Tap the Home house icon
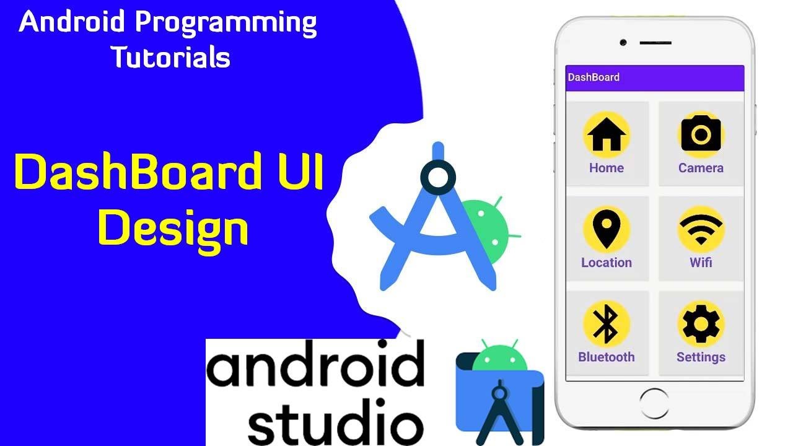[x=607, y=135]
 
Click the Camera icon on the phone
[x=701, y=134]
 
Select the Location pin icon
[x=607, y=229]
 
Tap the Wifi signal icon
[x=701, y=229]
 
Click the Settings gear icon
[x=701, y=324]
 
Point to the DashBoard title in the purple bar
[x=594, y=77]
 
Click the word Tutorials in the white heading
[x=170, y=58]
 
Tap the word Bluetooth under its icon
[x=607, y=357]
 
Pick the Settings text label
[x=701, y=357]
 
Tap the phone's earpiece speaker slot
[x=655, y=43]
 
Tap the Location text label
[x=607, y=263]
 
